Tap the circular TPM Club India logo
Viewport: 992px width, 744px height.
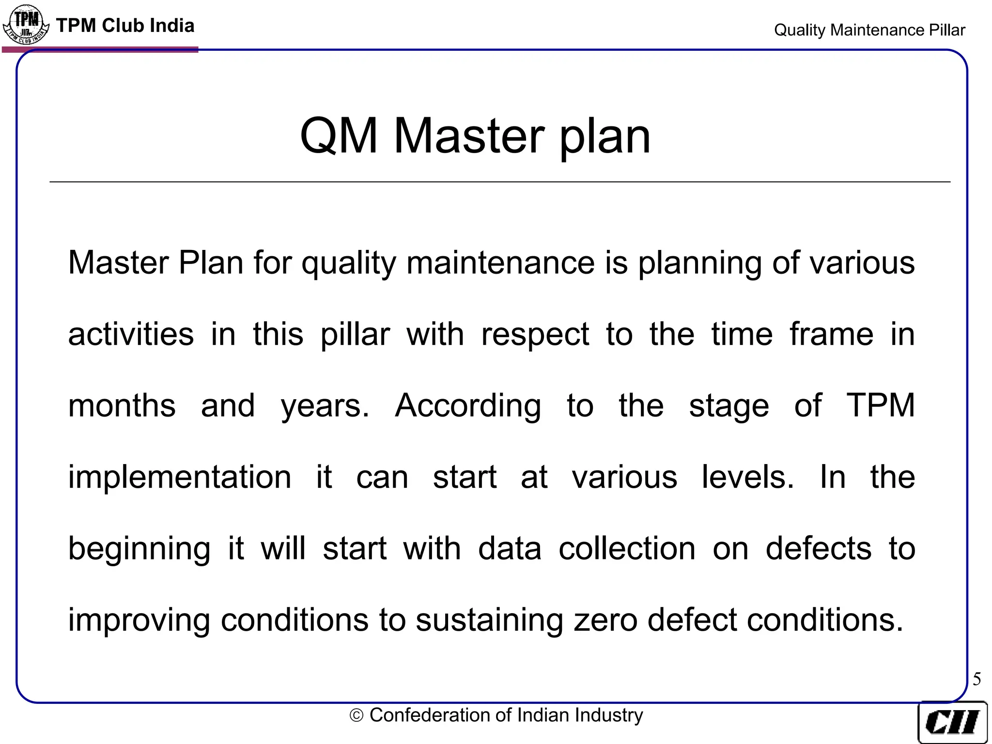click(x=26, y=24)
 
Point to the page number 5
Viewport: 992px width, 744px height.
click(x=976, y=679)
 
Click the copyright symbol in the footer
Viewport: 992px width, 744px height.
click(x=356, y=716)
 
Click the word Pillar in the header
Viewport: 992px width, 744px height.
click(x=947, y=30)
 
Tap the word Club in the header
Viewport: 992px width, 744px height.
click(x=125, y=26)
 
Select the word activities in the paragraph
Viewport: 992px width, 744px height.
click(x=131, y=334)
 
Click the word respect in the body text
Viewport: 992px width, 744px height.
click(x=535, y=335)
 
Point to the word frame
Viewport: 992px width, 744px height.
click(x=831, y=334)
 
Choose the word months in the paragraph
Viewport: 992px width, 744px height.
click(x=122, y=405)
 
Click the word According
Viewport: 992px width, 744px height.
click(x=468, y=406)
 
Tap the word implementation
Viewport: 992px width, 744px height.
click(x=179, y=477)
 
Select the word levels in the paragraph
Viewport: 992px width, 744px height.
click(x=747, y=477)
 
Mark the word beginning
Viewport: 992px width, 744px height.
click(x=139, y=549)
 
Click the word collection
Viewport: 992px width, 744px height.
click(x=627, y=548)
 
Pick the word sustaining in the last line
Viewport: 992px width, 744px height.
click(x=489, y=620)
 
